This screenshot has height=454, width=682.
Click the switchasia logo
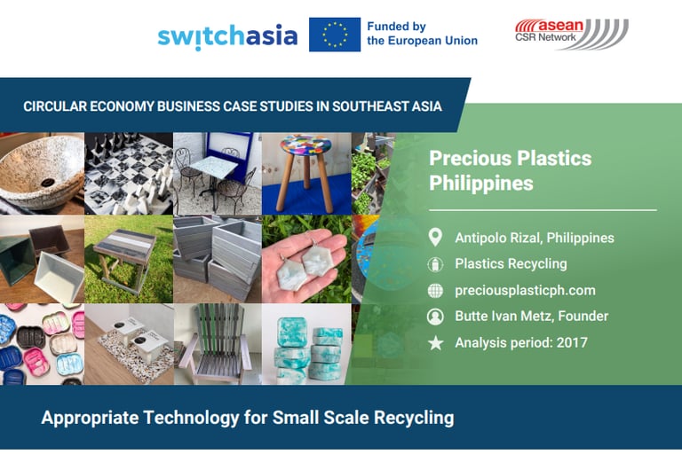227,36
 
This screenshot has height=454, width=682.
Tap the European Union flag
335,35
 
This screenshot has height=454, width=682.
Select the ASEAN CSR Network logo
572,34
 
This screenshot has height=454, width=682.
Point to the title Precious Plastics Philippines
511,170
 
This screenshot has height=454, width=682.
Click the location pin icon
435,238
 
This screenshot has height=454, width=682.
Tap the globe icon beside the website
435,291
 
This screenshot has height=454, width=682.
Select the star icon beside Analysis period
435,343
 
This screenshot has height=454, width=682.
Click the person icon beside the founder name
435,317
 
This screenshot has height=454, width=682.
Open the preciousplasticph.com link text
525,290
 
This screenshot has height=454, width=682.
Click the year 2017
572,343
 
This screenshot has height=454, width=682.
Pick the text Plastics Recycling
511,263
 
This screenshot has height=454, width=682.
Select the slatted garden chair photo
218,344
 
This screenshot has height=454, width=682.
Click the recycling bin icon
435,264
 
